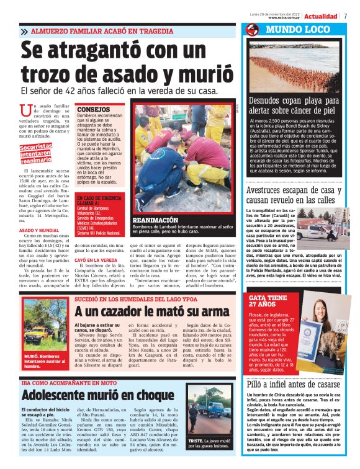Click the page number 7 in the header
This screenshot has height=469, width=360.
[x=345, y=16]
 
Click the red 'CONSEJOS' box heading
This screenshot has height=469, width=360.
[x=93, y=109]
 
